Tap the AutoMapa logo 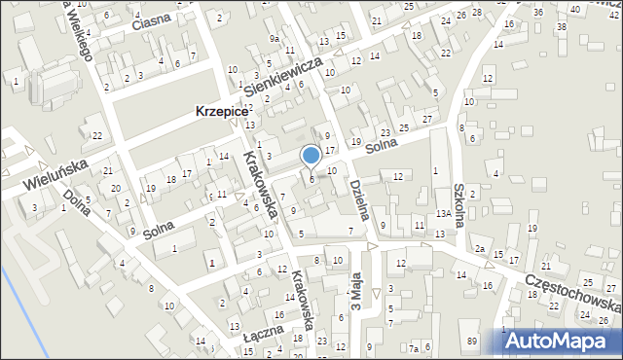point(563,341)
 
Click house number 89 point(472,341)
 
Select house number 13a point(442,213)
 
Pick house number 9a point(275,38)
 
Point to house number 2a point(480,249)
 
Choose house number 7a point(414,348)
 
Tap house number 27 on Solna point(427,118)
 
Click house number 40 point(575,9)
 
